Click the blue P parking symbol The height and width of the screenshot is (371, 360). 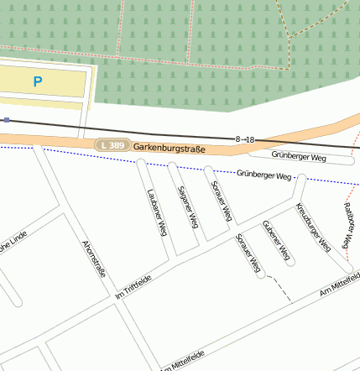36,81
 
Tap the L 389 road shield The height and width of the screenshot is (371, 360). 112,145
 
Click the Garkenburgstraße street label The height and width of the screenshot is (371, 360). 170,147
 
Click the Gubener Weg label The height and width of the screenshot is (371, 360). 277,240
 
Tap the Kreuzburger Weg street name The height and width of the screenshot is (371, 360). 313,227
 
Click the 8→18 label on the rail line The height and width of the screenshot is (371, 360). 245,138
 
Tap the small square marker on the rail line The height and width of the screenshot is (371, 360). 7,120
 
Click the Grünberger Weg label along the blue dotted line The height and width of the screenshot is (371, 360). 264,175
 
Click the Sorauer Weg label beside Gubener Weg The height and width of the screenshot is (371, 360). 249,253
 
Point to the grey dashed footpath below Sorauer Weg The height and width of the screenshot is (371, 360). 283,290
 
